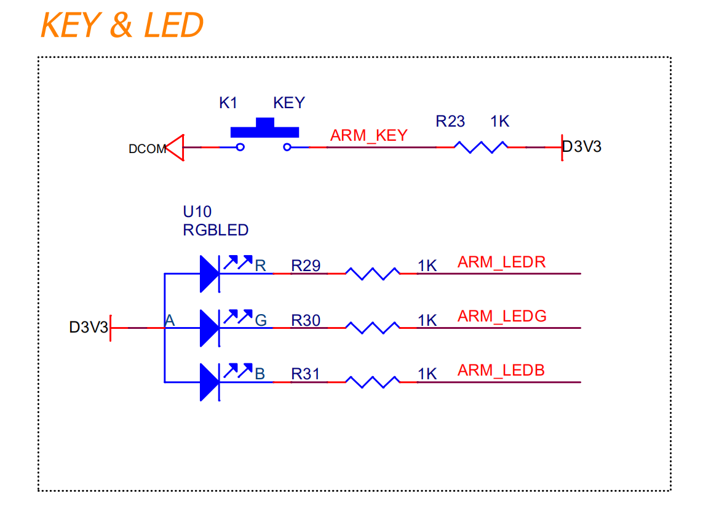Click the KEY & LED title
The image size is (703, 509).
(122, 25)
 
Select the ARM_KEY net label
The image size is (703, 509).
(368, 135)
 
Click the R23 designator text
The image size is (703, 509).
(450, 122)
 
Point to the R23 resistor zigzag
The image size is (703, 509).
(481, 147)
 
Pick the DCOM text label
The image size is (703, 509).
(147, 149)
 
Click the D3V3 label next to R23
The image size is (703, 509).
(581, 146)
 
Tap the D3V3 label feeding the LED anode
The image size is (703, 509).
(89, 328)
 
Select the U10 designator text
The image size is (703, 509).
(197, 211)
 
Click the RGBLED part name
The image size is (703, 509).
(216, 231)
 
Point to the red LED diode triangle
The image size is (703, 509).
(209, 274)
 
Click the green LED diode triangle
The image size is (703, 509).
(209, 328)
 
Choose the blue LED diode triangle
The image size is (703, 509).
(209, 382)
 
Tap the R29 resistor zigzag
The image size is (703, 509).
(372, 274)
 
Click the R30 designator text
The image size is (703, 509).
(306, 320)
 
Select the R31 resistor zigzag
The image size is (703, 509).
(372, 382)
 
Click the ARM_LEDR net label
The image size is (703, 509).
(501, 262)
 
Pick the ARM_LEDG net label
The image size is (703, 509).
(502, 317)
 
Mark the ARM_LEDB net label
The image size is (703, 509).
(501, 371)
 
